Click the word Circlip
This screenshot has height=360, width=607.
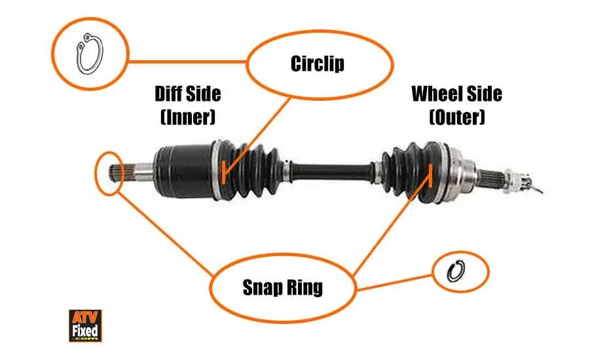click(317, 63)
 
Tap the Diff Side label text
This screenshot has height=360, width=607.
click(187, 94)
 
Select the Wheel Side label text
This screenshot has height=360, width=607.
click(456, 94)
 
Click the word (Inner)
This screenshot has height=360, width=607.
click(187, 117)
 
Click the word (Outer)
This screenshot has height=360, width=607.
click(456, 117)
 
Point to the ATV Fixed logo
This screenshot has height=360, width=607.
click(84, 325)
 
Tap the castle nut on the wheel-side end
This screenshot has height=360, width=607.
click(521, 182)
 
